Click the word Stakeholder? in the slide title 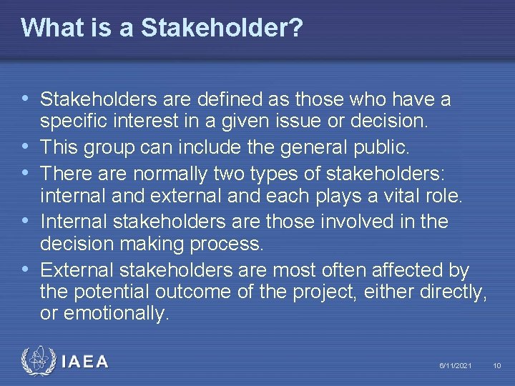(x=222, y=28)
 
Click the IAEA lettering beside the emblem (x=85, y=362)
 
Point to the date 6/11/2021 (x=456, y=366)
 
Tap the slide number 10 (x=497, y=366)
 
